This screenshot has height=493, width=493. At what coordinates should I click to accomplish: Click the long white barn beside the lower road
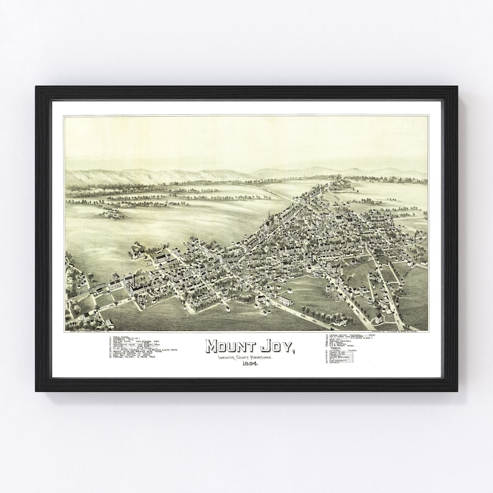click(284, 301)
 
